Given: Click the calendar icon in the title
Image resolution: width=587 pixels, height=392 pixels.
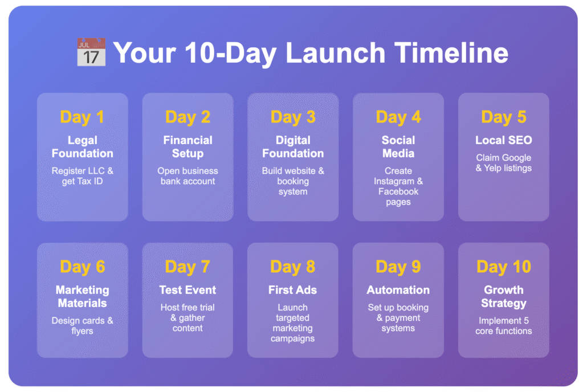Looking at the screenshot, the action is click(91, 52).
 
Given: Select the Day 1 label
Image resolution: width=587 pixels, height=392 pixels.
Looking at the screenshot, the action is click(83, 117).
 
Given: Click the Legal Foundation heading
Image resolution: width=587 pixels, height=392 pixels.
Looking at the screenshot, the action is click(83, 147).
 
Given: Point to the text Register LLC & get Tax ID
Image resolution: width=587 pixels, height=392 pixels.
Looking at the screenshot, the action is click(83, 176).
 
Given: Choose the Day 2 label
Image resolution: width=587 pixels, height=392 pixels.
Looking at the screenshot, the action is click(187, 117).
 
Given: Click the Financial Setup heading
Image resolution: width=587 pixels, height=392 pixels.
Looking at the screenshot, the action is click(187, 147).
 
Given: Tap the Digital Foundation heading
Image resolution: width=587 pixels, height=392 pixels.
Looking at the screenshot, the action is click(293, 147).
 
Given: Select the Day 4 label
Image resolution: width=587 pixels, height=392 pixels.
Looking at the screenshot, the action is click(398, 117).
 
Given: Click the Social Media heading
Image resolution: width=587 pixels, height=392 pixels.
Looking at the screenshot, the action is click(398, 147).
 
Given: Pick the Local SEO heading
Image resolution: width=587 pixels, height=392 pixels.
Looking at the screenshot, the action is click(504, 140).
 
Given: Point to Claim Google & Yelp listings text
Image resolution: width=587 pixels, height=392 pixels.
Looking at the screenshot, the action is click(504, 163).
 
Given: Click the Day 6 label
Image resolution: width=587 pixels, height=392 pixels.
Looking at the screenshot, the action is click(83, 267).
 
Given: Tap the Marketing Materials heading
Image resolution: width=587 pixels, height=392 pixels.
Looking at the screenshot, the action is click(83, 296).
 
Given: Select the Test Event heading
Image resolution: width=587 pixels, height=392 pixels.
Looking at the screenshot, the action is click(187, 290).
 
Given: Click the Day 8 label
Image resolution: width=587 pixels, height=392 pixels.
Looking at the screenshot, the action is click(293, 267).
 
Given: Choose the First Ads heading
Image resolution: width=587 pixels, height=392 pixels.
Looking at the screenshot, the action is click(293, 290).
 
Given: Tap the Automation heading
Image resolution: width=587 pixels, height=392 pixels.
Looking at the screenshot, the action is click(398, 290).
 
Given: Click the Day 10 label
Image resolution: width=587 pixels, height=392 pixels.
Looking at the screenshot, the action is click(504, 267).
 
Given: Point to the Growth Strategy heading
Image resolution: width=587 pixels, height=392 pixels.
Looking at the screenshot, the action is click(504, 296).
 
